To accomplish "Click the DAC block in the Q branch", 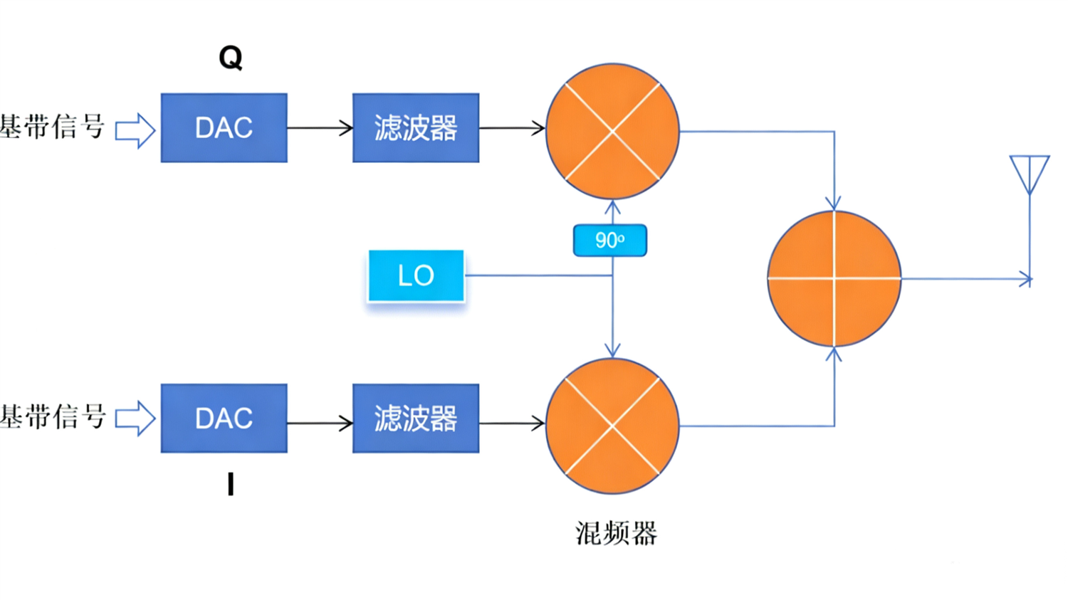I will [x=224, y=128].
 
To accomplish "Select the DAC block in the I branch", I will [x=224, y=419].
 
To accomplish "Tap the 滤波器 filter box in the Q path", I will [x=416, y=128].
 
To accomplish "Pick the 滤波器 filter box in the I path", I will [x=416, y=419].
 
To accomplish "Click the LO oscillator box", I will [x=416, y=275].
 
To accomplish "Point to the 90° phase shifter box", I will [x=610, y=241].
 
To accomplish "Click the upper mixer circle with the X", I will [x=612, y=131].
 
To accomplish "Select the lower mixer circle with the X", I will [x=612, y=426].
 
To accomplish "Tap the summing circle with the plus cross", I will [x=834, y=278].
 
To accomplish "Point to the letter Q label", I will [x=230, y=58].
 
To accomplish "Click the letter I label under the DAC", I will [x=230, y=485].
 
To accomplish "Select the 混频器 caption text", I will [x=616, y=533].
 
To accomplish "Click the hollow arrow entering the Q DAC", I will [x=135, y=131].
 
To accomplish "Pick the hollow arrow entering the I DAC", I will [x=135, y=419].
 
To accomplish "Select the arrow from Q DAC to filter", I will [x=320, y=128].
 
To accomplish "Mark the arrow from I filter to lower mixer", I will [x=513, y=423].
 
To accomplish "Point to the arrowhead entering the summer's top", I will [x=834, y=203].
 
